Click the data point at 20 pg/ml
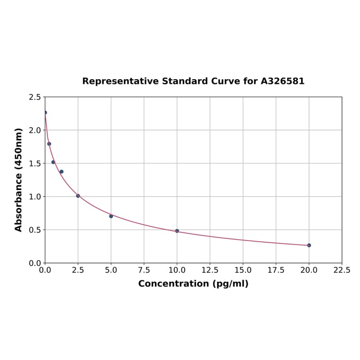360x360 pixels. pyautogui.click(x=309, y=245)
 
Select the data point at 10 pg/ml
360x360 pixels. pyautogui.click(x=177, y=231)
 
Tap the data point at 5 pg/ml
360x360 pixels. pyautogui.click(x=111, y=216)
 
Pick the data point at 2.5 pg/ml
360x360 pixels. pyautogui.click(x=78, y=196)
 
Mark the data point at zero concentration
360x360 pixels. pyautogui.click(x=45, y=113)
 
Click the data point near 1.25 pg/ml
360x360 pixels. pyautogui.click(x=61, y=172)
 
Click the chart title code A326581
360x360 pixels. pyautogui.click(x=283, y=81)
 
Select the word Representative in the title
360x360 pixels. pyautogui.click(x=121, y=81)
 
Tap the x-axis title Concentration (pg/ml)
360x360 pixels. pyautogui.click(x=193, y=284)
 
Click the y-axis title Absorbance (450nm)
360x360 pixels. pyautogui.click(x=19, y=180)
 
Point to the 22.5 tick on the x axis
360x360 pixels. pyautogui.click(x=342, y=270)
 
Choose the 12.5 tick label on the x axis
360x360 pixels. pyautogui.click(x=210, y=270)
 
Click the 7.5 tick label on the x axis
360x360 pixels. pyautogui.click(x=144, y=270)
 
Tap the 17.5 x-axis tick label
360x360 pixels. pyautogui.click(x=276, y=270)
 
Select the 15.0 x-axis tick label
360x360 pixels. pyautogui.click(x=243, y=270)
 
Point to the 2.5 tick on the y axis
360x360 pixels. pyautogui.click(x=35, y=97)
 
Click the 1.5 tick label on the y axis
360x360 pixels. pyautogui.click(x=35, y=164)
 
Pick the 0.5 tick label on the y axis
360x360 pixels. pyautogui.click(x=35, y=230)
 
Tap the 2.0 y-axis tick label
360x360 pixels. pyautogui.click(x=35, y=130)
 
